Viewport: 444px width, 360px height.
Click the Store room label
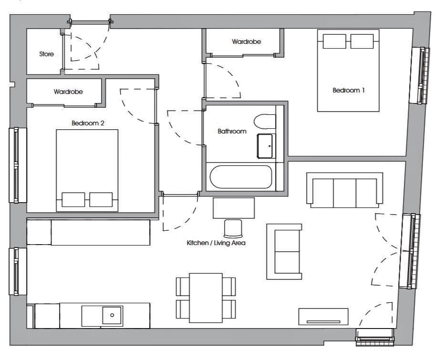pyautogui.click(x=46, y=54)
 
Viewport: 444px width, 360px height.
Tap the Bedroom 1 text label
pyautogui.click(x=348, y=90)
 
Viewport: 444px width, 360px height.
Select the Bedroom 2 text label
pyautogui.click(x=88, y=123)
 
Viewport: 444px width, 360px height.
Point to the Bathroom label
pyautogui.click(x=232, y=131)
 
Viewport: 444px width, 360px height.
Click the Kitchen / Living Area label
pyautogui.click(x=216, y=243)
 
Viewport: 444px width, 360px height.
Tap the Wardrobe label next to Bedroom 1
pyautogui.click(x=247, y=41)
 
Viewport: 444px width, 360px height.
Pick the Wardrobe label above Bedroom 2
pyautogui.click(x=68, y=92)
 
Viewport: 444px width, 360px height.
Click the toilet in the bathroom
pyautogui.click(x=265, y=122)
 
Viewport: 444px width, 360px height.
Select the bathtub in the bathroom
pyautogui.click(x=241, y=177)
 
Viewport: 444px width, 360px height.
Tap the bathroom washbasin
pyautogui.click(x=265, y=146)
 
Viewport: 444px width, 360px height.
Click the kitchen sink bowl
pyautogui.click(x=112, y=315)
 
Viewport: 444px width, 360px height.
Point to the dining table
pyautogui.click(x=206, y=298)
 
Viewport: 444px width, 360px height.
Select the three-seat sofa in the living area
pyautogui.click(x=345, y=190)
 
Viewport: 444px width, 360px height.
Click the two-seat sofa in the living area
pyautogui.click(x=284, y=252)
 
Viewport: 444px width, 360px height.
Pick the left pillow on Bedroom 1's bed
pyautogui.click(x=334, y=41)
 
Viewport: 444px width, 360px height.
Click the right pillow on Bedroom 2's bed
pyautogui.click(x=101, y=199)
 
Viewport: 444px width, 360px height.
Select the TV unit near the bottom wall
pyautogui.click(x=323, y=317)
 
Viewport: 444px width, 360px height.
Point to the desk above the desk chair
pyautogui.click(x=234, y=208)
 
